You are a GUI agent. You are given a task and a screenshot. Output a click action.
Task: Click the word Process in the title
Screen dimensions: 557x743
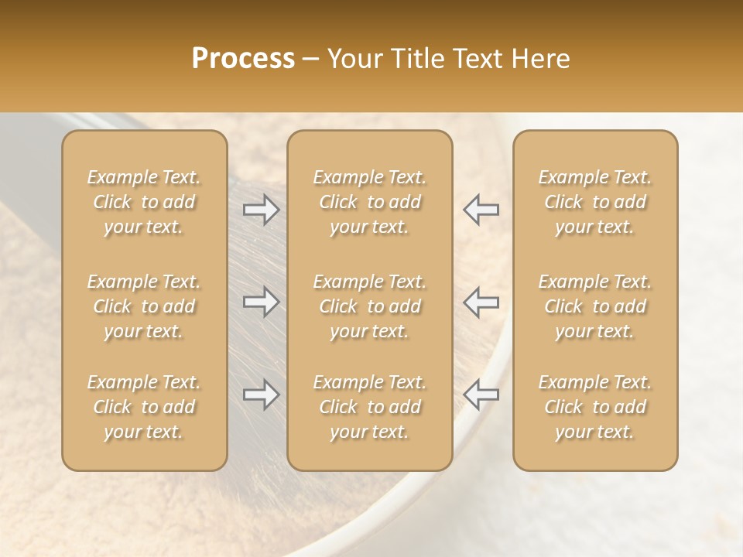[243, 59]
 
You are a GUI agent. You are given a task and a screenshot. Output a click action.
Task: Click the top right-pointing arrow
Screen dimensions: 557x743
[261, 210]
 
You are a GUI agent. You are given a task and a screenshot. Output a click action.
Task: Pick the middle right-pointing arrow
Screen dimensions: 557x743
[261, 301]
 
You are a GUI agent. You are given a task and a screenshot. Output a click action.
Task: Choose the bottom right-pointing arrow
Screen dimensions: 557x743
[261, 395]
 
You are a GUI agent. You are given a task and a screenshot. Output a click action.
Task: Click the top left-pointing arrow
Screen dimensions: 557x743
[481, 210]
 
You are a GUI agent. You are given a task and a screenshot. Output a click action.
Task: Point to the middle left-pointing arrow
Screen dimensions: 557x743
[481, 301]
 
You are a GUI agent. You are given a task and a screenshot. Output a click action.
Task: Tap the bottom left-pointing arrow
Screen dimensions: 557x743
[481, 395]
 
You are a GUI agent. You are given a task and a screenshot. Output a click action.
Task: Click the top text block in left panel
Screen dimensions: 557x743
[144, 202]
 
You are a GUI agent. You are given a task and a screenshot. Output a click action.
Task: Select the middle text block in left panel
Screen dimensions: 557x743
[144, 306]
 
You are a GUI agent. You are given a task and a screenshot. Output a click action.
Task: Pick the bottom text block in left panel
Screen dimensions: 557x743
[144, 407]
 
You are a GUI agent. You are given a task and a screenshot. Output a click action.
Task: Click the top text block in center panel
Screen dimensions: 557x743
[370, 202]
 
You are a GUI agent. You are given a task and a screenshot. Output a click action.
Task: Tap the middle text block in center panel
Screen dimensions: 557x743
[370, 306]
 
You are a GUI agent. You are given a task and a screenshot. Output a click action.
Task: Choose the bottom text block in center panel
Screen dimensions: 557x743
[370, 407]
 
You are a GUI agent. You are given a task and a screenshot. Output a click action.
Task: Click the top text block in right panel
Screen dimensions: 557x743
[595, 202]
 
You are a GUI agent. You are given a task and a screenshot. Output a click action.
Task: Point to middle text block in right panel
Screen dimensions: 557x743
[595, 306]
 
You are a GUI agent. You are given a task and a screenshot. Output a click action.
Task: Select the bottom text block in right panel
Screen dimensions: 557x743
[595, 407]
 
